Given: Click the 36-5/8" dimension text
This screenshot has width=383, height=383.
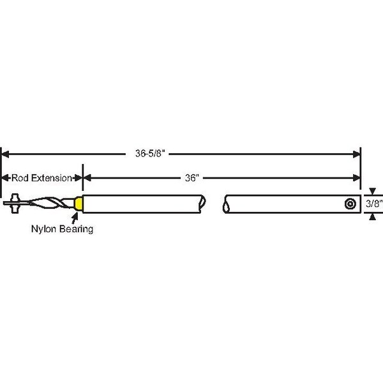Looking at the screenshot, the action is [150, 154].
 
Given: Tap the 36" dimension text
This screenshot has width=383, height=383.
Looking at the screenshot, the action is [192, 178].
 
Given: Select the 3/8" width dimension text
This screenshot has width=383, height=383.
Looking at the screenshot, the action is [374, 204].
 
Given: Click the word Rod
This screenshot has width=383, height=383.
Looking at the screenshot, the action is [20, 178].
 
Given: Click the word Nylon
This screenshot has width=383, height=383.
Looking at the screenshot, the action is [44, 229].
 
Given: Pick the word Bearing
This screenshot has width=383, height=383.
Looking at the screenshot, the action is [77, 229].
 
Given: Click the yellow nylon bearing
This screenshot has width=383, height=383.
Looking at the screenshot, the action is [79, 203].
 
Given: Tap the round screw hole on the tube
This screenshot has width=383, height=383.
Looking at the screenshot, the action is [350, 204].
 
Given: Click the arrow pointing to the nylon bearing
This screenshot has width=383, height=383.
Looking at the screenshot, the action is [75, 218].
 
